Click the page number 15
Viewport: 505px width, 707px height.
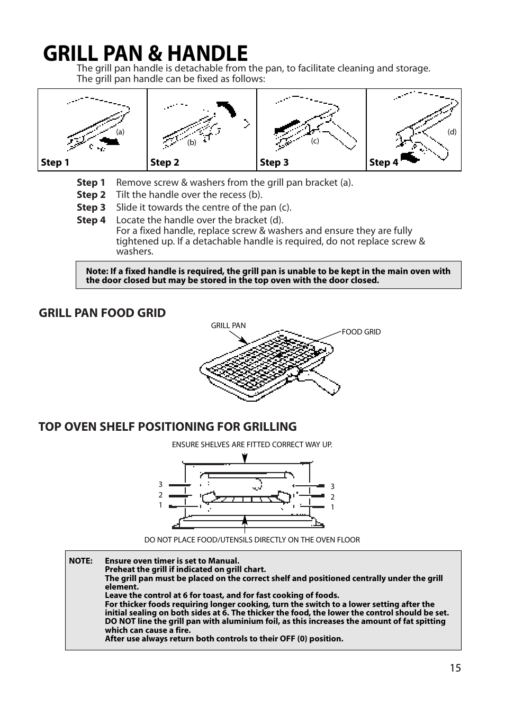coord(455,668)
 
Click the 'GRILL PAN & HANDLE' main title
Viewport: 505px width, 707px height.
coord(146,53)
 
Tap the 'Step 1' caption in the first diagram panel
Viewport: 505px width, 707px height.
coord(55,162)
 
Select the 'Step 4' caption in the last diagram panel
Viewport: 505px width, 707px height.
coord(383,162)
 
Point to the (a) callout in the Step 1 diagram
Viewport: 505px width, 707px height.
coord(121,132)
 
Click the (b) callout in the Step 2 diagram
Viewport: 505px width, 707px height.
coord(192,142)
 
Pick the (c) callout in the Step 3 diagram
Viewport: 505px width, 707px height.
coord(315,141)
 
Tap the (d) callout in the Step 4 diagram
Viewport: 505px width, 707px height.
coord(452,132)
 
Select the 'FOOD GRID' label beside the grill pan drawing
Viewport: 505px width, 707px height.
coord(361,332)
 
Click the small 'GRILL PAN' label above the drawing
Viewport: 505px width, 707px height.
coord(228,325)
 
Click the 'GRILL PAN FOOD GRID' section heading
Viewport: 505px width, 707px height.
coord(102,313)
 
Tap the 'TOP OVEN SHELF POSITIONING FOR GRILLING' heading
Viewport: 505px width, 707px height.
coord(167,427)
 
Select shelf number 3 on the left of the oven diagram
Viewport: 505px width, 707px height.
coord(160,484)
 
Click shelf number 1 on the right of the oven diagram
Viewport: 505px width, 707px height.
coord(332,507)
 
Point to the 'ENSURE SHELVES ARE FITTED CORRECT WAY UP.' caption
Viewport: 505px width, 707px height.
coord(252,445)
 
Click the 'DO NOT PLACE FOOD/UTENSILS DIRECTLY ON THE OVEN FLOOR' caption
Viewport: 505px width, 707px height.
coord(252,540)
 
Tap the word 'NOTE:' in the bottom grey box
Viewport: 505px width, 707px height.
coord(80,561)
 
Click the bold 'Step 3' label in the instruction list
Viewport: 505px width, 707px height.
coord(91,207)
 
